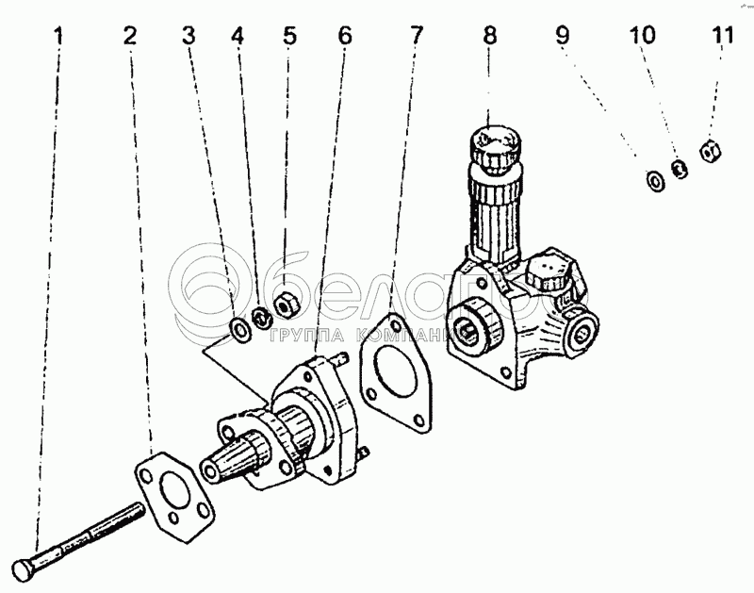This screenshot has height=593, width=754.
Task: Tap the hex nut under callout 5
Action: coord(285,304)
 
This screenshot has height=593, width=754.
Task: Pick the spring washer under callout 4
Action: coord(262,316)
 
